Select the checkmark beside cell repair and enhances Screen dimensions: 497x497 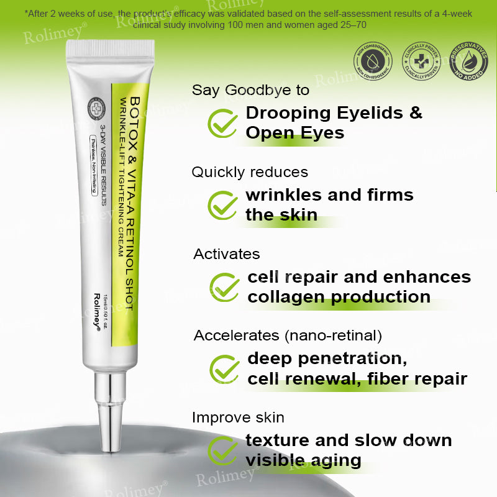224,286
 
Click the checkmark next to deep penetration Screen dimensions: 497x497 224,368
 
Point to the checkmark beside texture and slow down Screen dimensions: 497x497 222,450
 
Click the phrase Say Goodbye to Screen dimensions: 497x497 250,90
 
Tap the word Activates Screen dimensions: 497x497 226,254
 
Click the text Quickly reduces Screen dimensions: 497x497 250,172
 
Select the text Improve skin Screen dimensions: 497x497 238,417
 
